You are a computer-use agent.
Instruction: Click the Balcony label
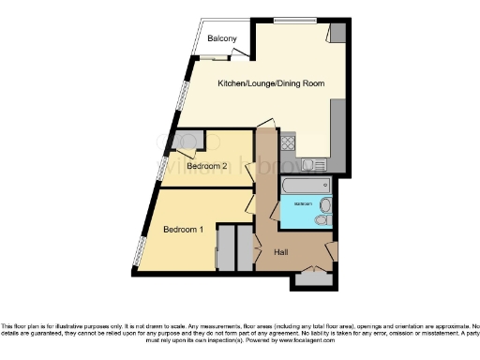(x=222, y=38)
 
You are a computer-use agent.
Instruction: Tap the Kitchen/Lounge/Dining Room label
(x=271, y=83)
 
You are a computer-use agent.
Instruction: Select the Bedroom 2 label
(x=207, y=166)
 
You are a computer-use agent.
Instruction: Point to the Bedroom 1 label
(x=183, y=229)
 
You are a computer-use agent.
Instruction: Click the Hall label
(x=280, y=253)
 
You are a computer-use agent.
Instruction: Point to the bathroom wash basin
(x=325, y=203)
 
